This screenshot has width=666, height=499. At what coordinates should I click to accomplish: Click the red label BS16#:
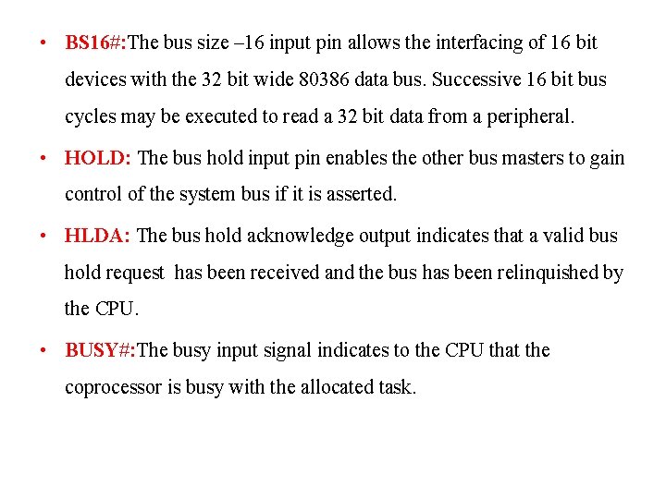pyautogui.click(x=95, y=43)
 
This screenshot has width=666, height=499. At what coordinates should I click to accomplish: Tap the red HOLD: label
pyautogui.click(x=98, y=158)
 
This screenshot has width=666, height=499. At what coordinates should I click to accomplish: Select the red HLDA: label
pyautogui.click(x=98, y=236)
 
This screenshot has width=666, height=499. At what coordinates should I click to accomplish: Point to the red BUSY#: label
pyautogui.click(x=101, y=350)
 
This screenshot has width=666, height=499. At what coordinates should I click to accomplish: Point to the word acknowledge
pyautogui.click(x=302, y=236)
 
